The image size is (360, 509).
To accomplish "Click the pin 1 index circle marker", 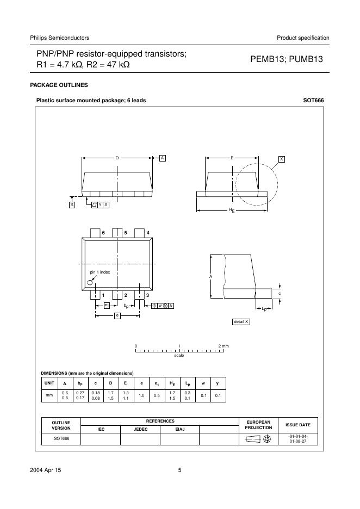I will (91, 282).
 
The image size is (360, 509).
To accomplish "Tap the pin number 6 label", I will (103, 233).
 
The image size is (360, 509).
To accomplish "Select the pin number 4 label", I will (148, 233).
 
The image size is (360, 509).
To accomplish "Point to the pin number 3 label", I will (147, 295).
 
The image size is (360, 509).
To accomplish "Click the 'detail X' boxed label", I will (241, 322).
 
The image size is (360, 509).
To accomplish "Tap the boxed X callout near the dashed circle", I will (282, 159).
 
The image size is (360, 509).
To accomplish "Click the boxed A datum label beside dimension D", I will (162, 158).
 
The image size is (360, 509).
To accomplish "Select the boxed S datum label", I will (71, 204).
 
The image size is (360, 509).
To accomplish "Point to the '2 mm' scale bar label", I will (224, 346).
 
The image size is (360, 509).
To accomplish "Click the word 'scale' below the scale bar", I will (179, 356).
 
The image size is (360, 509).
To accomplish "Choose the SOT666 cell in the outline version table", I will (61, 439).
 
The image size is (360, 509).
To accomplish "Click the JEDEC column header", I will (140, 429).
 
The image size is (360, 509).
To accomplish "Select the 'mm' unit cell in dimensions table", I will (49, 395).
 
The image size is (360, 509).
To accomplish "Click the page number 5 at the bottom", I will (179, 471).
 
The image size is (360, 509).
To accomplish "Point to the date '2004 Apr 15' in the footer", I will (46, 471).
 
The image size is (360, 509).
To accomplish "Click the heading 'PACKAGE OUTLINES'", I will (58, 85).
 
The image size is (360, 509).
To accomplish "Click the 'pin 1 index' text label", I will (100, 272).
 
